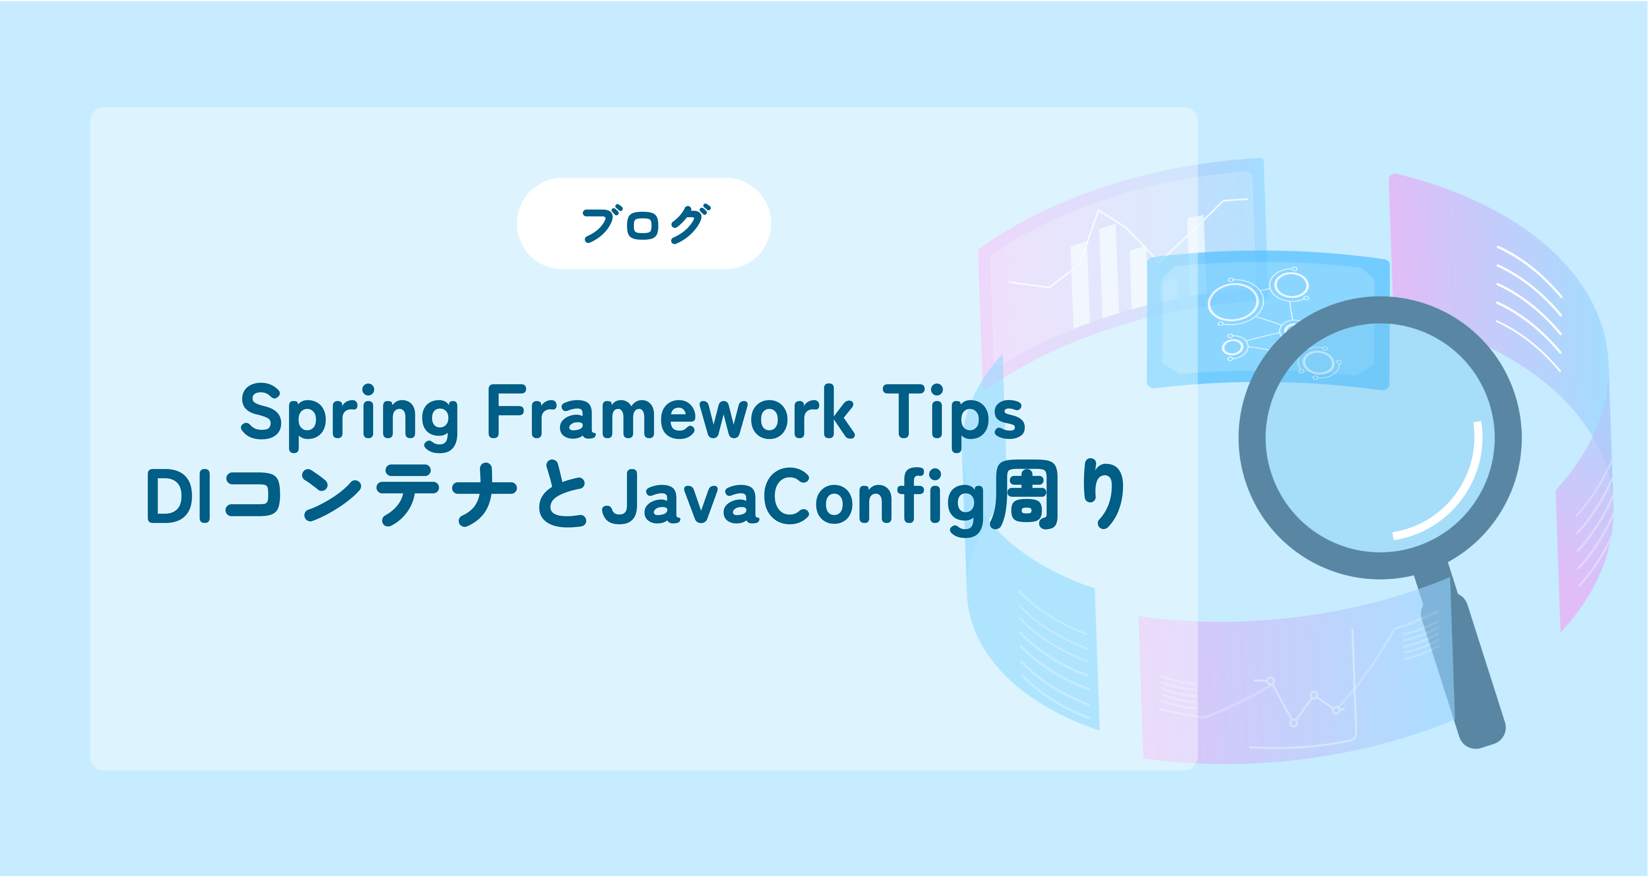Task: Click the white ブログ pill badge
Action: [644, 223]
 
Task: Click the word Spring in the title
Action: [349, 416]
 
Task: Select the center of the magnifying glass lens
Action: [1380, 438]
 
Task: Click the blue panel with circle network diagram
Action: [1268, 320]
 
